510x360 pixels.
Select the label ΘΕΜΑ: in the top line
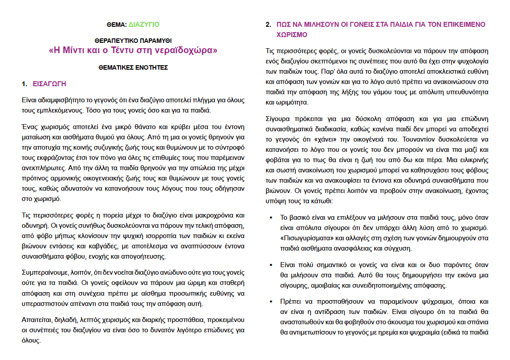118,24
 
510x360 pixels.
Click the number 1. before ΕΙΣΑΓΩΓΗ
25,84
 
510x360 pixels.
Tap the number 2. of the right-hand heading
268,25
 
